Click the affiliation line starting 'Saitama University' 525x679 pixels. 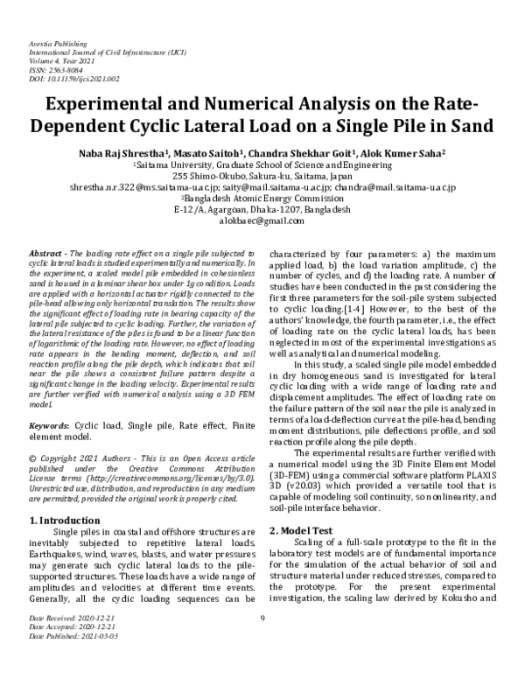click(262, 163)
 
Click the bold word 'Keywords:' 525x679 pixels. click(49, 423)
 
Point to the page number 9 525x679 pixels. click(262, 643)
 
